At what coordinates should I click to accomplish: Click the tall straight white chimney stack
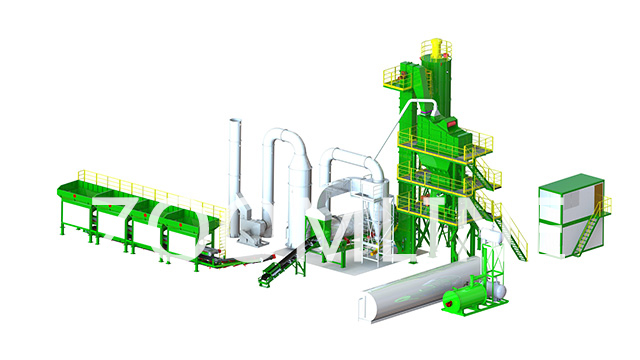pos(233,170)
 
